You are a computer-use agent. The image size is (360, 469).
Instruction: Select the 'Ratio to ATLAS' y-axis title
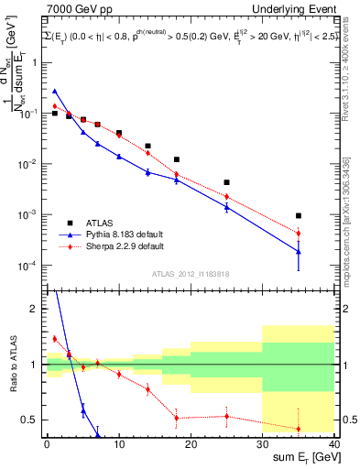(x=13, y=365)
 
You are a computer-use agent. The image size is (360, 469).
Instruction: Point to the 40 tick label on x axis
(x=334, y=443)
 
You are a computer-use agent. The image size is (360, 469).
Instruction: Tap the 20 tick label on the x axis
(x=191, y=443)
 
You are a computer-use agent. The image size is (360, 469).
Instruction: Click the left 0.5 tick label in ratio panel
(x=31, y=420)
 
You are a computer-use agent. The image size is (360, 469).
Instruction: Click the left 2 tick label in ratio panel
(x=35, y=310)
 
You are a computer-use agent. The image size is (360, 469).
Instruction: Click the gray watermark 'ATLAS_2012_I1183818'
(x=190, y=273)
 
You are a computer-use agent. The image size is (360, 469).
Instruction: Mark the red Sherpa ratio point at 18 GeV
(x=176, y=418)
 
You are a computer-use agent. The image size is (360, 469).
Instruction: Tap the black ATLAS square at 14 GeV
(x=147, y=146)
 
